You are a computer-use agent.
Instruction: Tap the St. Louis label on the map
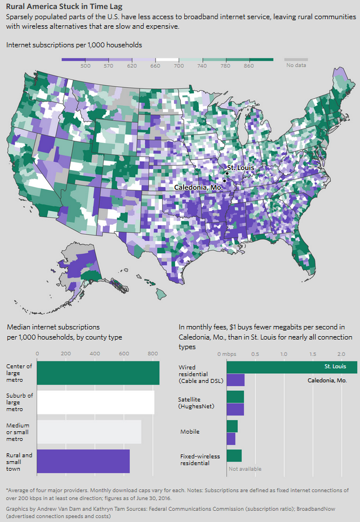coord(240,168)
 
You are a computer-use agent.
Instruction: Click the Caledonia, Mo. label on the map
coord(198,187)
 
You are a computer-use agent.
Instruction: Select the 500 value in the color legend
coord(86,66)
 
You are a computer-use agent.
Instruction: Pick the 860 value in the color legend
coord(249,66)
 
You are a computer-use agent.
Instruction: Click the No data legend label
coord(296,66)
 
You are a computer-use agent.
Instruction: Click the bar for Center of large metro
coord(98,373)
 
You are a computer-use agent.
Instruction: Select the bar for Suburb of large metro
coord(96,403)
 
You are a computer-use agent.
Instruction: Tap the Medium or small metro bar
coord(89,432)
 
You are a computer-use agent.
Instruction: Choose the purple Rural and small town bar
coord(83,461)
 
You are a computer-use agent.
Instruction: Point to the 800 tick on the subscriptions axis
coord(152,354)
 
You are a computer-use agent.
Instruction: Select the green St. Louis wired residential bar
coord(291,367)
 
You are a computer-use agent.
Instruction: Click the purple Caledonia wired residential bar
coord(235,380)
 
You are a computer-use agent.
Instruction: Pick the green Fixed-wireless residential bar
coord(234,456)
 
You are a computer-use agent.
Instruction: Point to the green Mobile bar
coord(232,426)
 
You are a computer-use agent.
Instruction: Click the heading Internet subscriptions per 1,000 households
coord(74,44)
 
